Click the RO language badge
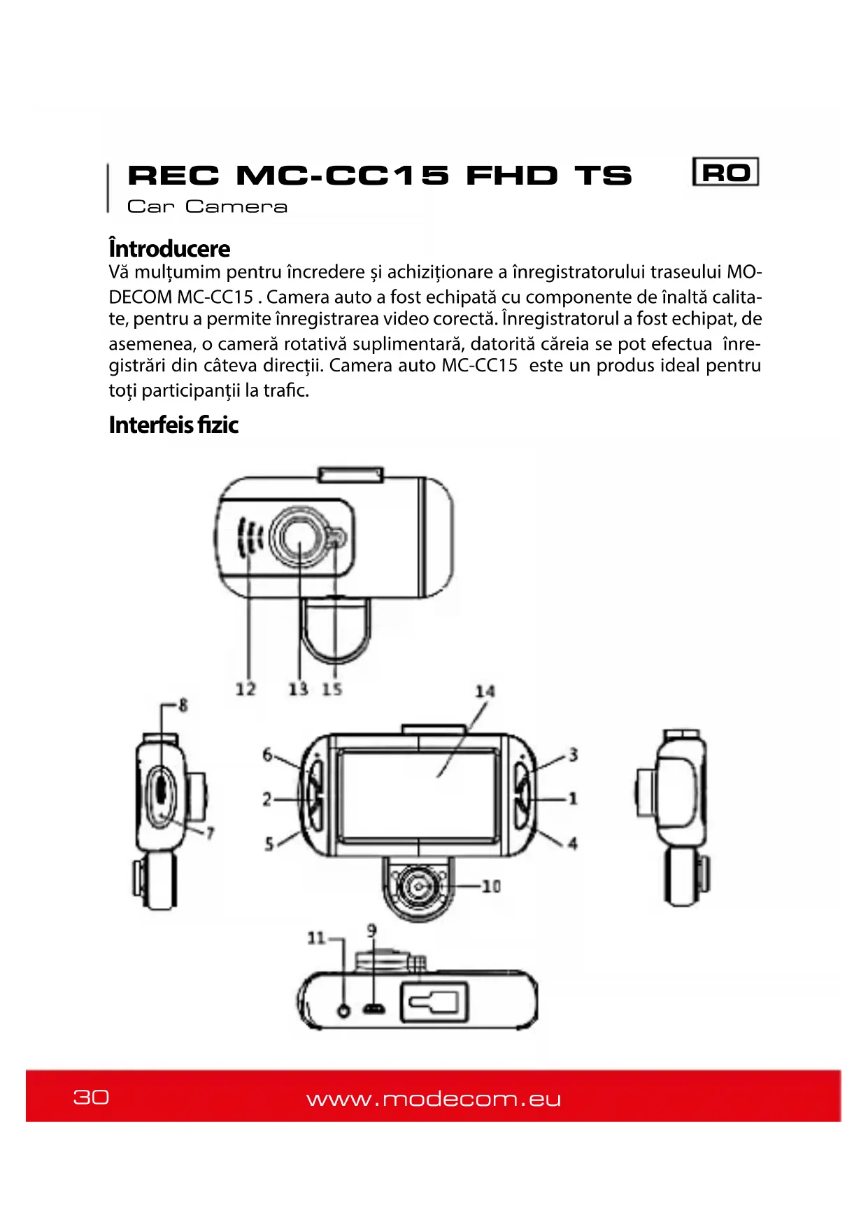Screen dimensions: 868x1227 [725, 172]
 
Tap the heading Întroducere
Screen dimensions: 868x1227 [169, 249]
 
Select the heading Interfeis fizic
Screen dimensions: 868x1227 [173, 425]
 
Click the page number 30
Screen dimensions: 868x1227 [91, 1096]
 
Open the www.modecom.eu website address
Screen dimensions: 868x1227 [434, 1099]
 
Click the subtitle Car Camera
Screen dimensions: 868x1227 [207, 207]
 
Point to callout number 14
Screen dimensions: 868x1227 [485, 691]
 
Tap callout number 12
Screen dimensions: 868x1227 [246, 689]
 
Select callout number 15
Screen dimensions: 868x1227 [332, 689]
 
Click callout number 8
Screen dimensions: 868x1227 [183, 704]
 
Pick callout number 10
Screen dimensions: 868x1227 [492, 886]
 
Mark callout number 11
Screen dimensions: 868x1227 [316, 938]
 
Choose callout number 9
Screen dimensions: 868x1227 [371, 930]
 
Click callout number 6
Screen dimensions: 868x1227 [267, 754]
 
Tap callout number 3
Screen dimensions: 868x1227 [574, 755]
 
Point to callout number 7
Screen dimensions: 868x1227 [210, 832]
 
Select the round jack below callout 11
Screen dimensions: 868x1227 [343, 1009]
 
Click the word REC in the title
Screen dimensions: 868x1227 [173, 176]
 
